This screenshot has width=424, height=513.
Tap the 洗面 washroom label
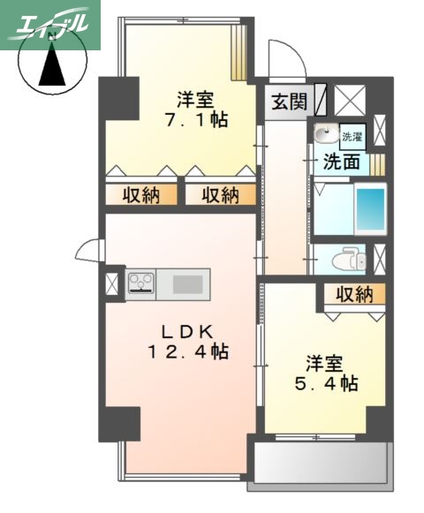tap(340, 162)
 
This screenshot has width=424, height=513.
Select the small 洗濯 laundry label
tap(352, 136)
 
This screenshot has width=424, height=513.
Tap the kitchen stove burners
tap(140, 283)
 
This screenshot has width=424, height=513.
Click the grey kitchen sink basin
tap(187, 283)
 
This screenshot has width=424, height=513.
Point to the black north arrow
tap(49, 67)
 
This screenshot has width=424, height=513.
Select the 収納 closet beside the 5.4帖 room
tap(352, 294)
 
